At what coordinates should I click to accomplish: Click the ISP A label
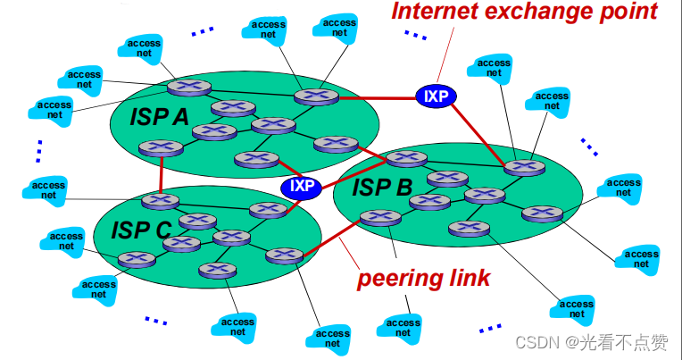160,116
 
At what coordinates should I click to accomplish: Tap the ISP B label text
381,188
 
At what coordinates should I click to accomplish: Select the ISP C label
141,230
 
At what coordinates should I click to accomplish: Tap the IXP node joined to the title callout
436,96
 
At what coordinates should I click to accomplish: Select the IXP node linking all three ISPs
301,187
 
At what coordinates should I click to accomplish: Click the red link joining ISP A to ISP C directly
161,172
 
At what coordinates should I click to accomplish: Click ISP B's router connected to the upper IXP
523,167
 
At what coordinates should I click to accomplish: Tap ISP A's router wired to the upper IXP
312,96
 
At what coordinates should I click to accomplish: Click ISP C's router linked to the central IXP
268,210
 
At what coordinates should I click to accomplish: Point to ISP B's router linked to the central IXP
405,159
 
